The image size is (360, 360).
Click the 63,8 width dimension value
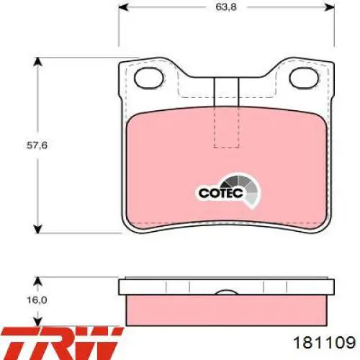(x=226, y=6)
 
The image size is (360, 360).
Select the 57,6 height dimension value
(x=37, y=145)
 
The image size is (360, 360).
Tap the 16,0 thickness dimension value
(x=37, y=300)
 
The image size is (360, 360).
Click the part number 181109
(x=324, y=342)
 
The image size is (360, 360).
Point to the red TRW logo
(x=61, y=343)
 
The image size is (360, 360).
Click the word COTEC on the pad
(x=221, y=193)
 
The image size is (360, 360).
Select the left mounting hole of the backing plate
(x=149, y=77)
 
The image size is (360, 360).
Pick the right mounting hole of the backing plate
(x=305, y=77)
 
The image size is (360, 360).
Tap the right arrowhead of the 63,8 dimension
(x=329, y=7)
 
